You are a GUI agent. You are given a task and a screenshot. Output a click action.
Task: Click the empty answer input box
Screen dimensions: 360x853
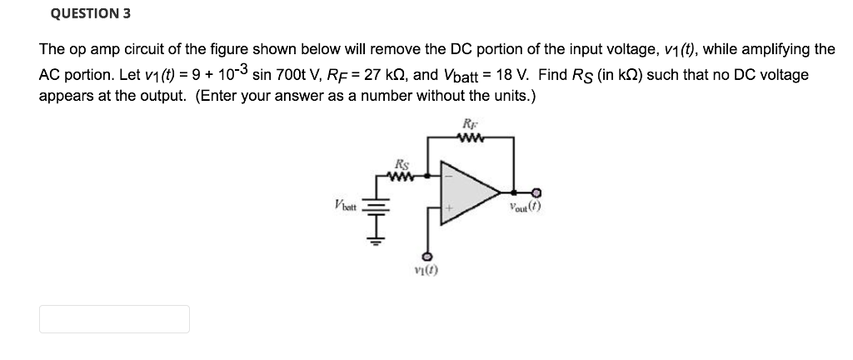(x=114, y=319)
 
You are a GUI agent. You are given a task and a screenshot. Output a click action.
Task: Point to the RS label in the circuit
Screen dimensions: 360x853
(x=402, y=163)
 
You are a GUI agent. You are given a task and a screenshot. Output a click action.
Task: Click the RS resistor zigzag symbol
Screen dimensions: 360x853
(x=402, y=176)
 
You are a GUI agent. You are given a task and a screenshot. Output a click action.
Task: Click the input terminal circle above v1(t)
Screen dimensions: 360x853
(x=427, y=255)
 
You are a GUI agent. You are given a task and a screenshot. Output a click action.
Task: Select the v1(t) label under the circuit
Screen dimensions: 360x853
(x=427, y=271)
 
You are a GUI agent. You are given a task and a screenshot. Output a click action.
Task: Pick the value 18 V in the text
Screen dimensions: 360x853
(x=513, y=76)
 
